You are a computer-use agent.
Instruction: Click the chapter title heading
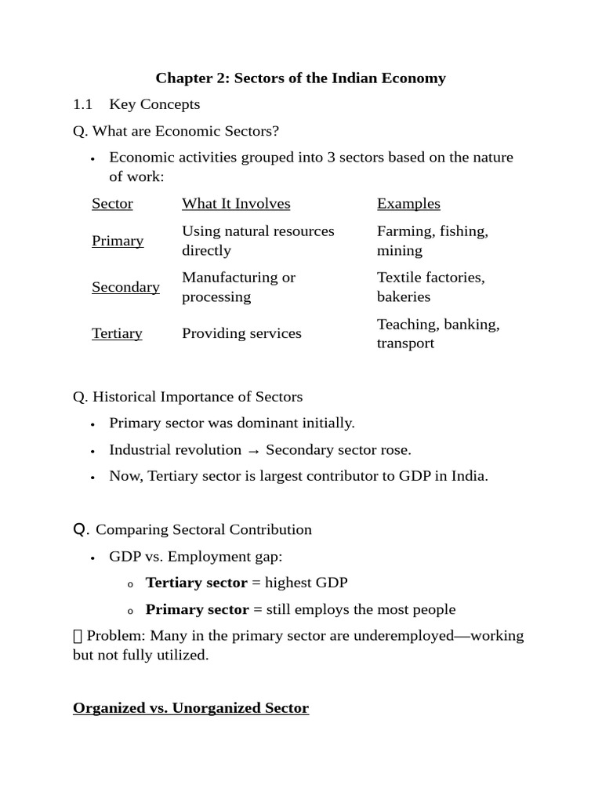[300, 78]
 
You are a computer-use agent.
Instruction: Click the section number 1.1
[82, 104]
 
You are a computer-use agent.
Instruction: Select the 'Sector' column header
[112, 204]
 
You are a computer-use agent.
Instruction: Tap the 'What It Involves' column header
[236, 204]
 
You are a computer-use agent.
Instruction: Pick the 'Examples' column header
[408, 204]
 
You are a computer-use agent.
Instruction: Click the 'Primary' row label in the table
[118, 241]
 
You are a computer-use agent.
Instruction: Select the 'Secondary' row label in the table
[125, 287]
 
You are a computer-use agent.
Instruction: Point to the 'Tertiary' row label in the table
[117, 333]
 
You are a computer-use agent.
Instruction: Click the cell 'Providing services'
[241, 333]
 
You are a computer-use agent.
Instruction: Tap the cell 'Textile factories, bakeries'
[430, 287]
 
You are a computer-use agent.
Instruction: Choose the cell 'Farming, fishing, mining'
[432, 241]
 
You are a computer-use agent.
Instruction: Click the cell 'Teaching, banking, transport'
[437, 333]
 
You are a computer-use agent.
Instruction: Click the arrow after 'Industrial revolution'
[253, 450]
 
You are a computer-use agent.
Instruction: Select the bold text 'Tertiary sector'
[196, 583]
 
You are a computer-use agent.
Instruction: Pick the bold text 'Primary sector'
[197, 609]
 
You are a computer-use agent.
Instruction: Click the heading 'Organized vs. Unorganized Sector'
[190, 708]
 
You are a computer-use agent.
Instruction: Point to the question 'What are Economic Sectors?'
[176, 130]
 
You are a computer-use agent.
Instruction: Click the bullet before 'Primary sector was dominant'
[93, 424]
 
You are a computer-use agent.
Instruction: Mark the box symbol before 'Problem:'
[77, 636]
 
